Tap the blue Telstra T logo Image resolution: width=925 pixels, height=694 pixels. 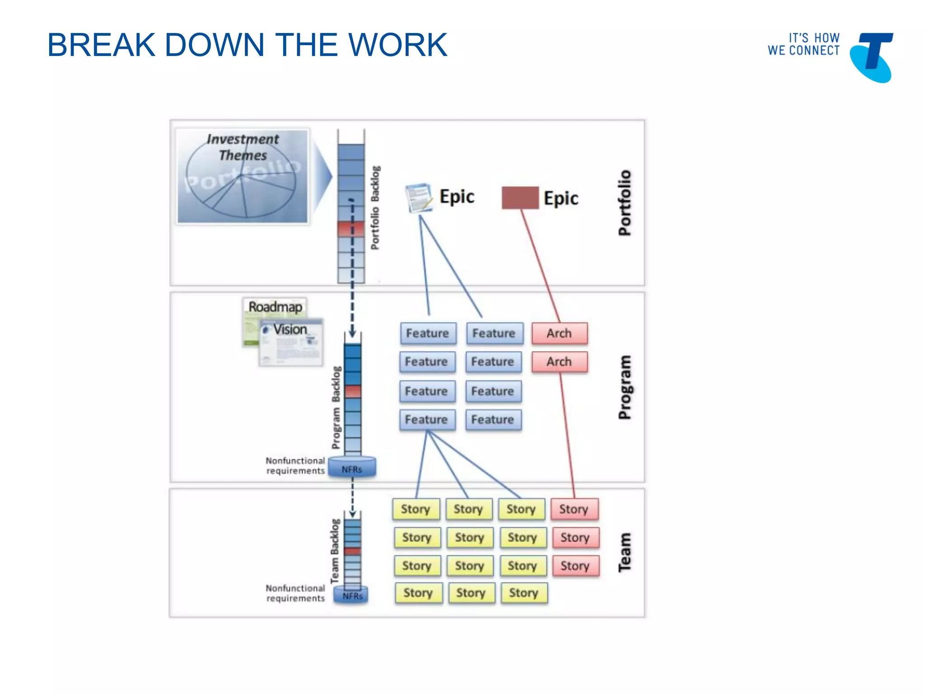pyautogui.click(x=872, y=57)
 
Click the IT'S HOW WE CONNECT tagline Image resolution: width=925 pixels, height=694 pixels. pyautogui.click(x=804, y=44)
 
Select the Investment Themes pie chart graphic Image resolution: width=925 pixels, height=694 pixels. pyautogui.click(x=242, y=176)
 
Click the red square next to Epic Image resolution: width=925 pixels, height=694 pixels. pyautogui.click(x=520, y=198)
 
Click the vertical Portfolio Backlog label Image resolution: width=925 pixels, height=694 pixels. pyautogui.click(x=375, y=208)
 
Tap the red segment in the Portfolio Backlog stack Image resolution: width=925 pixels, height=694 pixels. pyautogui.click(x=351, y=229)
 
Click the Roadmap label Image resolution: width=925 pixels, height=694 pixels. pyautogui.click(x=275, y=307)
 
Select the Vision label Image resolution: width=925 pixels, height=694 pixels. pyautogui.click(x=290, y=329)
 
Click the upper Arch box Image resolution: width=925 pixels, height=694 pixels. pyautogui.click(x=560, y=333)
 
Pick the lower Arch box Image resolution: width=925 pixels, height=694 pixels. pyautogui.click(x=560, y=362)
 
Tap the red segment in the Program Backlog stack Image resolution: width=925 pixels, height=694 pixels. pyautogui.click(x=353, y=391)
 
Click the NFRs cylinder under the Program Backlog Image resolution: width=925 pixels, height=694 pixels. pyautogui.click(x=352, y=467)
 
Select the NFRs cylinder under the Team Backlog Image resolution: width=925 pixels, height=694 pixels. pyautogui.click(x=351, y=595)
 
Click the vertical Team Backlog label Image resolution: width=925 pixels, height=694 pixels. pyautogui.click(x=335, y=551)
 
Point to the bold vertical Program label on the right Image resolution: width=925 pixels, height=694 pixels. pyautogui.click(x=625, y=387)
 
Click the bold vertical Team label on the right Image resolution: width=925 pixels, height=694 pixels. pyautogui.click(x=625, y=552)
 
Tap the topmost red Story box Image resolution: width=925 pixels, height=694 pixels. pyautogui.click(x=575, y=509)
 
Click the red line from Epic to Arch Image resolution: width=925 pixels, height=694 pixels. pyautogui.click(x=541, y=266)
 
